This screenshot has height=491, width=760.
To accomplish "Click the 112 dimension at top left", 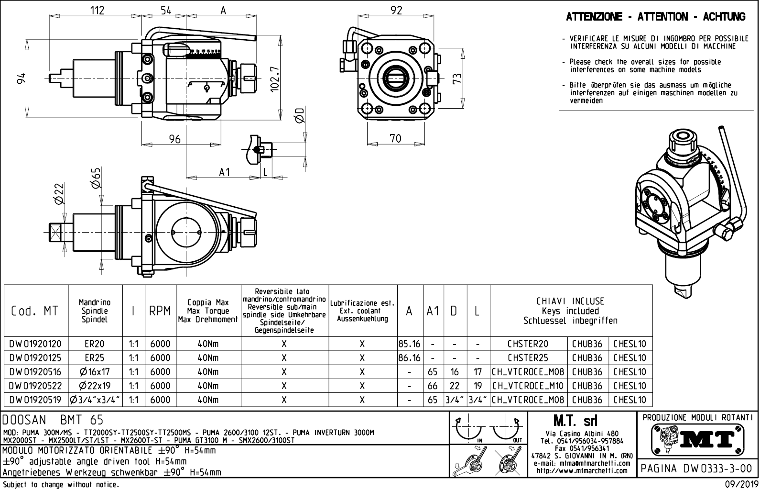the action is tap(97, 10).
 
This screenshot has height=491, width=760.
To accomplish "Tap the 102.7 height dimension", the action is tap(274, 78).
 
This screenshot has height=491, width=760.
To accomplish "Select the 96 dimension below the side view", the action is tap(175, 139).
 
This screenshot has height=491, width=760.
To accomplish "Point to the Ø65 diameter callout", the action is tap(96, 178).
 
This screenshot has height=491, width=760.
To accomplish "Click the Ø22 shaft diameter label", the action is tap(59, 194).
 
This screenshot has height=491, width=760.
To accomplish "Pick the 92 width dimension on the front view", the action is tap(396, 10).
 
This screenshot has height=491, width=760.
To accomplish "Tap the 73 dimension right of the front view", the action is tap(457, 79).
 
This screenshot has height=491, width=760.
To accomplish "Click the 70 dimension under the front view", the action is tap(395, 139).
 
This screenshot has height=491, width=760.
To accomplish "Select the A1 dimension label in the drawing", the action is tap(225, 172).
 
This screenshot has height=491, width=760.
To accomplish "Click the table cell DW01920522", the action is tap(35, 386).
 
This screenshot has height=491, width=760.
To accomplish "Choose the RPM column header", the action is tap(160, 311).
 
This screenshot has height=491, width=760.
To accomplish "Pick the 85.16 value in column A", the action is tap(410, 344).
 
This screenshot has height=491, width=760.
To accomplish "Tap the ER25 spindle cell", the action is tap(94, 358).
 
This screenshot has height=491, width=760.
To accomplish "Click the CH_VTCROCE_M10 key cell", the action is tap(528, 386).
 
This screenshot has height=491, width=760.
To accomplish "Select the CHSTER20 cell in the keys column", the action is tap(528, 344).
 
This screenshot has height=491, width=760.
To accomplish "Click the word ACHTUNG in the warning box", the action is tap(724, 16).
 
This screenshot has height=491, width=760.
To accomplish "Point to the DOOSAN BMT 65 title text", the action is tap(53, 420).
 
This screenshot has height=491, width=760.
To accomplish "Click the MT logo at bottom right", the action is tap(697, 440).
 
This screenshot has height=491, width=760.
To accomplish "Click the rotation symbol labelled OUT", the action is tap(507, 429).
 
